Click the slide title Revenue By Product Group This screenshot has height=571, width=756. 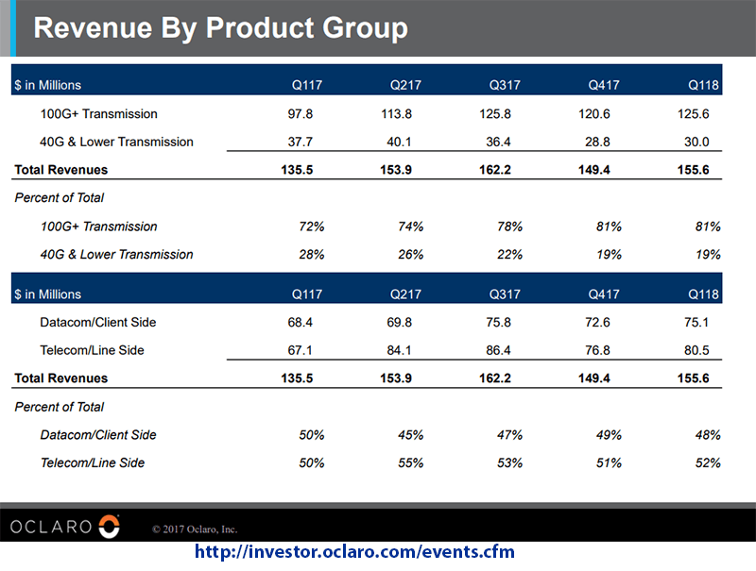click(x=220, y=27)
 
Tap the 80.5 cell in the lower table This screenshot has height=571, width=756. click(x=706, y=351)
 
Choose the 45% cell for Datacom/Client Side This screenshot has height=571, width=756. click(x=410, y=435)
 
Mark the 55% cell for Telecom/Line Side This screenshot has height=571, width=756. click(x=410, y=463)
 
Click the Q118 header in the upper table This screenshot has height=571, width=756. click(x=704, y=86)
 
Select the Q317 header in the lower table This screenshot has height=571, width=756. click(x=506, y=294)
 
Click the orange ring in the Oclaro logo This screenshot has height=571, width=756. click(x=110, y=526)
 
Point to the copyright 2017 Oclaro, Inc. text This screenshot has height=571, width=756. click(x=194, y=529)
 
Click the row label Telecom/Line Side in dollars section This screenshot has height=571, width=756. click(x=92, y=351)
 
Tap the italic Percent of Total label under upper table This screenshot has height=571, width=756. click(x=60, y=198)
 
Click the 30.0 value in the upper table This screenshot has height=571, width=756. click(x=706, y=143)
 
